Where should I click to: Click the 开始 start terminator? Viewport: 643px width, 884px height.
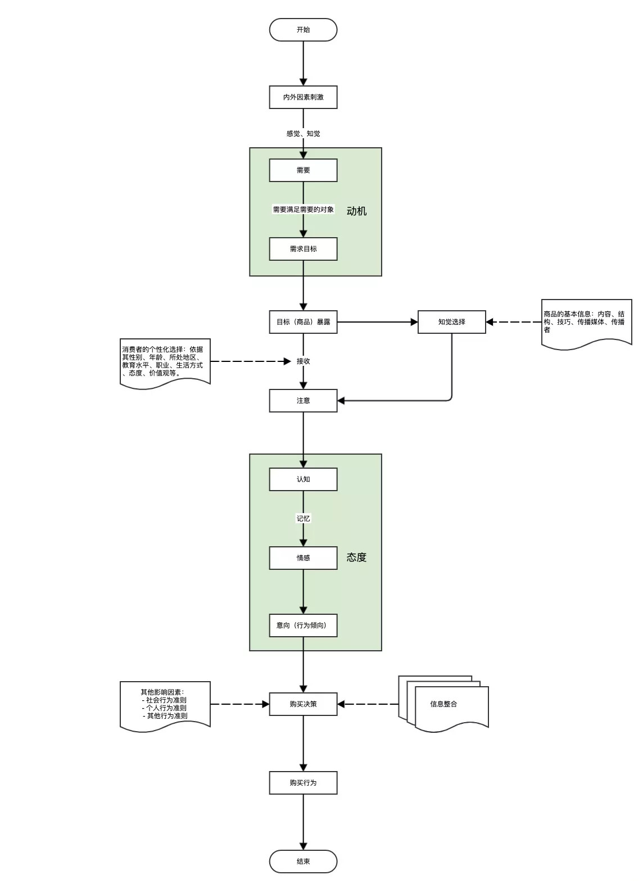[x=303, y=30]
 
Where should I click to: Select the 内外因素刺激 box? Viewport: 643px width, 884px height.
[x=303, y=97]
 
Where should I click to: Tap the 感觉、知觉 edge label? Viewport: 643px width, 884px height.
[x=303, y=134]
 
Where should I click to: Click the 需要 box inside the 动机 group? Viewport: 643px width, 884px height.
[x=303, y=170]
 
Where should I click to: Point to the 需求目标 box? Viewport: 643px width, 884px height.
[x=303, y=249]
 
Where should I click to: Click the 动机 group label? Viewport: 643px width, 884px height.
[x=356, y=211]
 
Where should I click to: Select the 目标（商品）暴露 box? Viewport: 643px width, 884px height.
[x=303, y=322]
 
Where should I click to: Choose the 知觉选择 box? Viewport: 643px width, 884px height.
[x=451, y=322]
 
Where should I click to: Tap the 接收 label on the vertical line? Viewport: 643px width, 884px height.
[x=303, y=361]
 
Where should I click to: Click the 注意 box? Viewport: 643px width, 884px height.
[x=303, y=401]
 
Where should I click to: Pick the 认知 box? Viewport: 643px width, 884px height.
[x=303, y=479]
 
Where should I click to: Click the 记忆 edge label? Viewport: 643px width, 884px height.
[x=303, y=519]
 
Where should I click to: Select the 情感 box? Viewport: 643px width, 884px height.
[x=303, y=558]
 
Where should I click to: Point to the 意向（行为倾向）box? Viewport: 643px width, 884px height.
[x=303, y=625]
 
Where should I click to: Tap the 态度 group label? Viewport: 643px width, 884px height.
[x=356, y=557]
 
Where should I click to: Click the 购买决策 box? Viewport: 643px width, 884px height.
[x=303, y=704]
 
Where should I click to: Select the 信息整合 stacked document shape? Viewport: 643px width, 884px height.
[x=443, y=704]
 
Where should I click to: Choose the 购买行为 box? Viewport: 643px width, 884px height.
[x=303, y=783]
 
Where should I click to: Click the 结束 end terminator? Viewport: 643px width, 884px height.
[x=303, y=862]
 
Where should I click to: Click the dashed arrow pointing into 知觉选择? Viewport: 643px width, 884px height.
[x=514, y=322]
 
